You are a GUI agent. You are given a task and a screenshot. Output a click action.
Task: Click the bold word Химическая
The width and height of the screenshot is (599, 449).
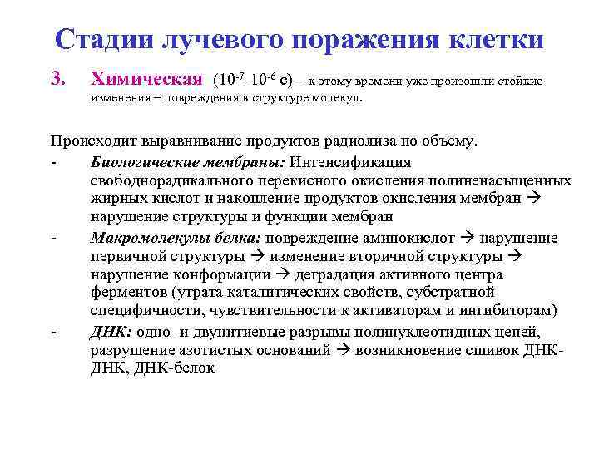(146, 80)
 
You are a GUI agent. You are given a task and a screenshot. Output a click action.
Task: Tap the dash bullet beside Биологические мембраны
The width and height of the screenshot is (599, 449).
(52, 162)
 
